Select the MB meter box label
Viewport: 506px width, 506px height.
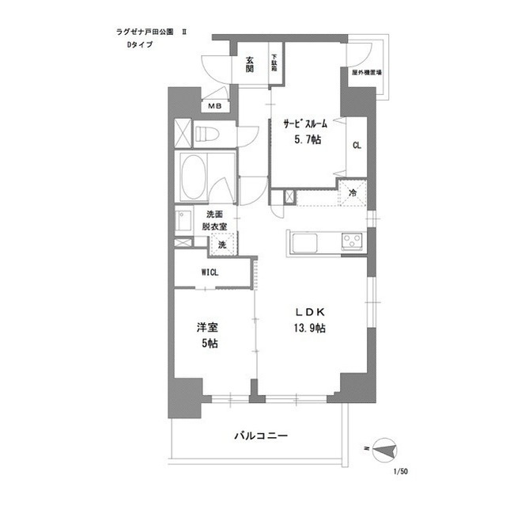(x=214, y=106)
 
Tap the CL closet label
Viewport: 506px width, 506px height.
(x=357, y=145)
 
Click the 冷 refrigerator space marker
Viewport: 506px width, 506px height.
(x=352, y=192)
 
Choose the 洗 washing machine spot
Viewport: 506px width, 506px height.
(x=221, y=245)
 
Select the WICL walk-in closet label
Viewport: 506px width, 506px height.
(x=210, y=273)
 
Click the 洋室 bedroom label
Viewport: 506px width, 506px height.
(x=208, y=327)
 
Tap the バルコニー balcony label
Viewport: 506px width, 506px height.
(x=260, y=436)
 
